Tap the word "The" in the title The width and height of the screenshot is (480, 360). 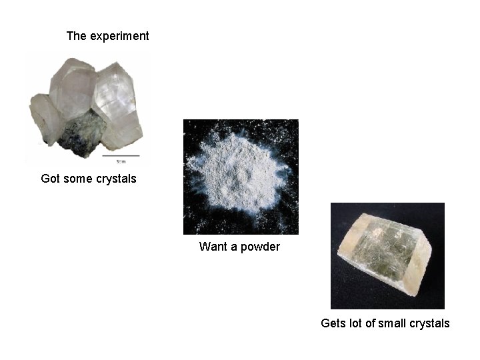(76, 36)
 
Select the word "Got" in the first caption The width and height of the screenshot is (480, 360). (50, 179)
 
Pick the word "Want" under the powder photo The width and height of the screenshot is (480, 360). (213, 247)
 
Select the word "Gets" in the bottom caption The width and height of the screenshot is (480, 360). (333, 323)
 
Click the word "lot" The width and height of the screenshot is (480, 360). (355, 323)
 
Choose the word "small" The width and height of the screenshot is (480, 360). (393, 323)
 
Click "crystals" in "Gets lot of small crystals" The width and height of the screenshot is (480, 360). (430, 323)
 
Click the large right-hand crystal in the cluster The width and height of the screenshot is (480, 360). (117, 107)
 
